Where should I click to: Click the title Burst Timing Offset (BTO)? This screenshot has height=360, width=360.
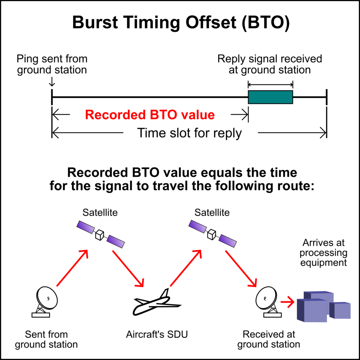(x=181, y=22)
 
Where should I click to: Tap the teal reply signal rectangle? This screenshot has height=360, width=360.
(x=270, y=97)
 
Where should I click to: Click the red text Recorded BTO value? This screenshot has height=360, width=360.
(x=150, y=115)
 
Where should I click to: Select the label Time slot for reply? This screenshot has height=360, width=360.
(x=189, y=133)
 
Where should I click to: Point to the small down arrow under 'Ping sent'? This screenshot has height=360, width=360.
(x=52, y=82)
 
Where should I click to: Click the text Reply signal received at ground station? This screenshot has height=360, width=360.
(x=270, y=64)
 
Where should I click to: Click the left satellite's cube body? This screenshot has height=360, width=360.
(x=100, y=235)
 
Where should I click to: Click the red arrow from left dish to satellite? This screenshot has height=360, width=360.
(x=72, y=268)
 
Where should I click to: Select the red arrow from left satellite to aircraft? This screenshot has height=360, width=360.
(x=128, y=268)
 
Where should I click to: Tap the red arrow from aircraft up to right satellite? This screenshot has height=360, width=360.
(x=186, y=268)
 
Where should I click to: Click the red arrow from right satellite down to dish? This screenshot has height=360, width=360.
(x=241, y=268)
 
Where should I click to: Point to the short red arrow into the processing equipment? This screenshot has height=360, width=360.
(x=288, y=302)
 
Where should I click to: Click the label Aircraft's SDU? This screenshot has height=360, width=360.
(x=157, y=334)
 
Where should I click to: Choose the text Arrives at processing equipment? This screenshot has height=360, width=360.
(x=324, y=252)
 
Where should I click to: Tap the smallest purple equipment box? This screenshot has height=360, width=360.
(x=340, y=310)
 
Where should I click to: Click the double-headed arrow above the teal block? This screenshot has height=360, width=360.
(x=270, y=85)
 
